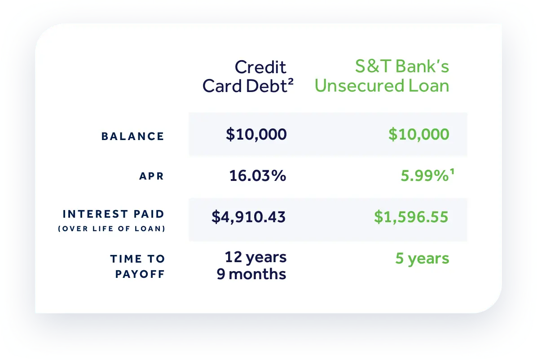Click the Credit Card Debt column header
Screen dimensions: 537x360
248,76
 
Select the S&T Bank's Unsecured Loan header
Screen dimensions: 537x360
382,76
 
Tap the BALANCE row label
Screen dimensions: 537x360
132,136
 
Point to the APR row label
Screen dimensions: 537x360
151,176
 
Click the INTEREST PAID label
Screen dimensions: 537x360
113,214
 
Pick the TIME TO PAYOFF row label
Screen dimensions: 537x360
137,266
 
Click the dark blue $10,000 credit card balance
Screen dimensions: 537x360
256,134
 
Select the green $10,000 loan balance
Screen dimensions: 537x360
419,134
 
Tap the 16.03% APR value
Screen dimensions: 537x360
258,176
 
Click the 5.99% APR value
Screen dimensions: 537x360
425,176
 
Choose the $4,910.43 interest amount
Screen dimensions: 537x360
249,217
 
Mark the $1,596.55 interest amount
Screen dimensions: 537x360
411,217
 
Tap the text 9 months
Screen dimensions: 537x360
251,274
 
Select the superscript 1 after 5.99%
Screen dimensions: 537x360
452,171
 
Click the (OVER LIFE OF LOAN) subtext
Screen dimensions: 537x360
112,228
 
